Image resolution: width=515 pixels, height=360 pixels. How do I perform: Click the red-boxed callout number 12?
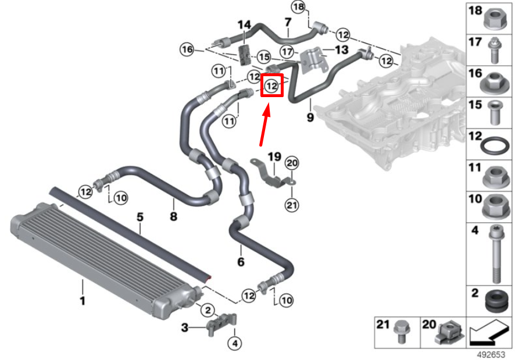click(271, 86)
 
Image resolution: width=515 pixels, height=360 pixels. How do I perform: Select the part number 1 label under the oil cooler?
click(83, 301)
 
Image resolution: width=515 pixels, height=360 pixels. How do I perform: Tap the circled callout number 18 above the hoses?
click(298, 7)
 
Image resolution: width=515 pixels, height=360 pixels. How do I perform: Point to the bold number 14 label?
click(244, 24)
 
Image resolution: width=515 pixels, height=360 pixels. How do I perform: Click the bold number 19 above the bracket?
click(274, 156)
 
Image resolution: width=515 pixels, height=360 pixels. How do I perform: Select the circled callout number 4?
click(235, 344)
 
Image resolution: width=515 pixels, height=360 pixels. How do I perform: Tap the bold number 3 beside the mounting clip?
click(185, 329)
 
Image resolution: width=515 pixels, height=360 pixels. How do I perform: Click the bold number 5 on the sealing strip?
click(140, 218)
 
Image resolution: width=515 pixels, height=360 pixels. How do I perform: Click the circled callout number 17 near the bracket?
click(287, 50)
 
